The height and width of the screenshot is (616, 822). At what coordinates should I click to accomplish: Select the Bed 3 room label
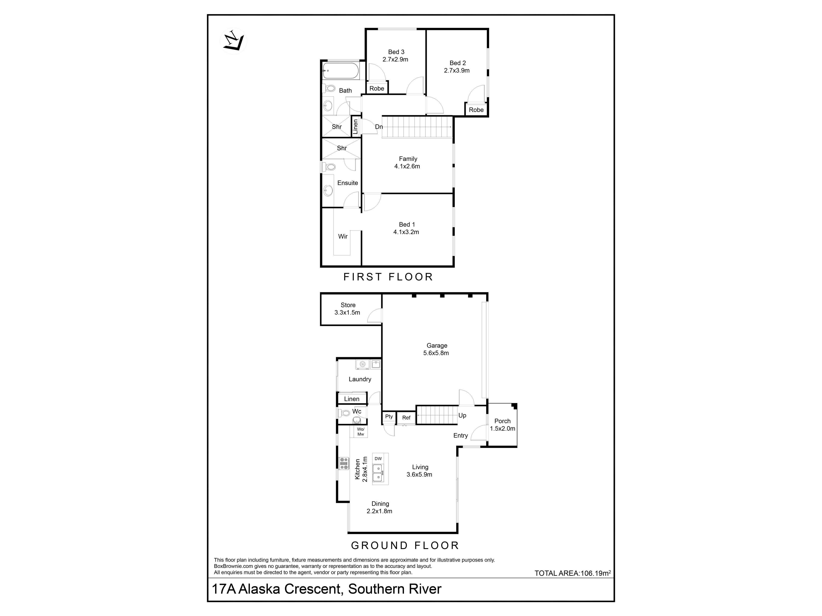click(x=396, y=52)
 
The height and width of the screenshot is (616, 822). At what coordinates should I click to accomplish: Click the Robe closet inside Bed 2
click(x=476, y=110)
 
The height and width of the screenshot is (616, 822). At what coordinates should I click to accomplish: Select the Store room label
click(x=348, y=305)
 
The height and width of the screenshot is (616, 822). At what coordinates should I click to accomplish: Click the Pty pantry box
click(x=389, y=417)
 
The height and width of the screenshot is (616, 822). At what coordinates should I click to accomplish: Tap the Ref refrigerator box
click(x=406, y=418)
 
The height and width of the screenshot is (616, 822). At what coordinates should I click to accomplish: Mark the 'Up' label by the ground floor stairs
click(x=462, y=416)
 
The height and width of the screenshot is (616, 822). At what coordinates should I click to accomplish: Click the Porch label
click(x=502, y=421)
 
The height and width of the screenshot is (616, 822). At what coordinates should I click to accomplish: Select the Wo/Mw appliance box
click(x=360, y=431)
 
